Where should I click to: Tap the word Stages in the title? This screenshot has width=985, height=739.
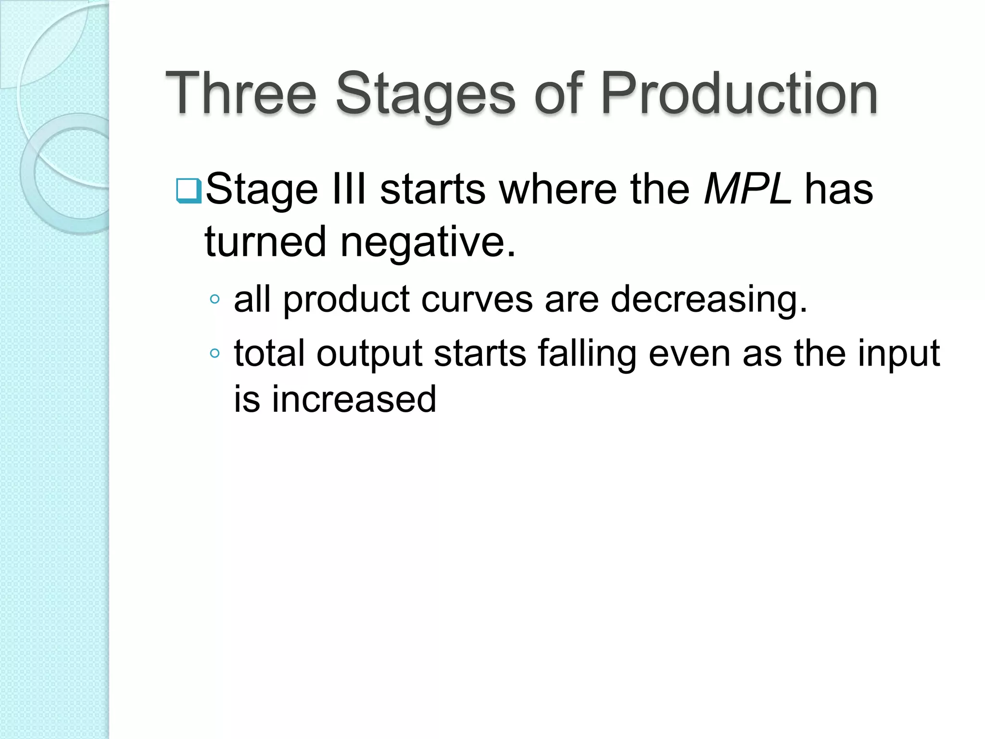click(425, 94)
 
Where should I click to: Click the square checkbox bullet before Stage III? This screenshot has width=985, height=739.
click(189, 191)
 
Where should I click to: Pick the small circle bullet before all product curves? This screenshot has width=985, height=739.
click(215, 300)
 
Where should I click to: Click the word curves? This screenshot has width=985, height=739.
click(477, 299)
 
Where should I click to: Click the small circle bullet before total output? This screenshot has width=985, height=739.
click(215, 354)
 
